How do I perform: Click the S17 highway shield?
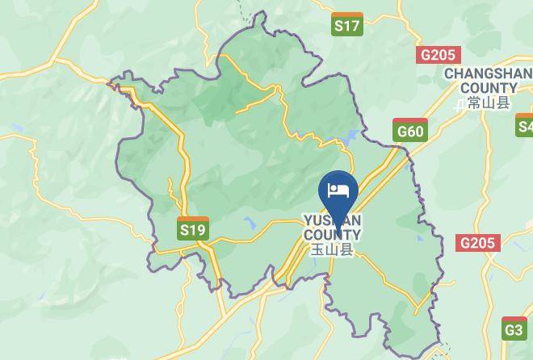tap(347, 25)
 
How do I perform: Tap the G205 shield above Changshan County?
tap(439, 55)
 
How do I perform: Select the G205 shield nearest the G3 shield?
tap(478, 243)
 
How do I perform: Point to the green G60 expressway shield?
tap(409, 129)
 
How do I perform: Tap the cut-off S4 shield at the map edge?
tap(525, 125)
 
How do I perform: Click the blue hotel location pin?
tap(338, 194)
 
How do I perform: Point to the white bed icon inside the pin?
tap(338, 190)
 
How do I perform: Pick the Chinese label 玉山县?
tap(333, 250)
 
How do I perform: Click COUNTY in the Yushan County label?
tap(332, 236)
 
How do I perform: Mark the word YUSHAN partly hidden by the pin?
tap(332, 220)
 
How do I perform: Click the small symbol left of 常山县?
tap(460, 103)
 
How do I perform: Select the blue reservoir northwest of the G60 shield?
tap(350, 138)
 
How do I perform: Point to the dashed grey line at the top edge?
tap(241, 10)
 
